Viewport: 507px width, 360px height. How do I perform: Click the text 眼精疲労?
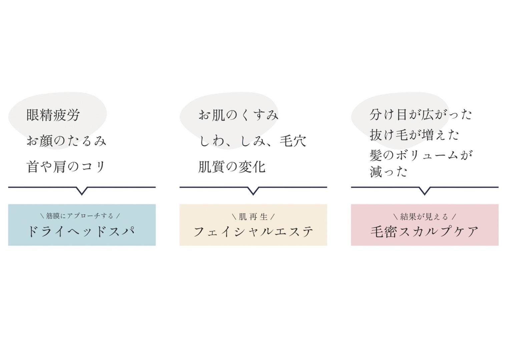[x=53, y=115]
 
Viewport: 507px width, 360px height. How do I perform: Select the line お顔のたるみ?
[x=66, y=141]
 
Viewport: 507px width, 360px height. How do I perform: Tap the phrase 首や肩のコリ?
[x=66, y=167]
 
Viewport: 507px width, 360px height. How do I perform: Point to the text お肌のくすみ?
[x=238, y=115]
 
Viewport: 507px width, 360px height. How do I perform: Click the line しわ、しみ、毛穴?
[x=252, y=141]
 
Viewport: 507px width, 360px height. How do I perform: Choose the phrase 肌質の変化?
[x=232, y=167]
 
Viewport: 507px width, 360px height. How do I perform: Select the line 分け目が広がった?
[x=421, y=114]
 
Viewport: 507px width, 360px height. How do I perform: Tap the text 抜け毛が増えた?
[x=414, y=135]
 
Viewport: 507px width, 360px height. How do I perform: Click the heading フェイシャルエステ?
[x=253, y=232]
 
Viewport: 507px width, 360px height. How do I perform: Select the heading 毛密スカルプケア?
[x=425, y=232]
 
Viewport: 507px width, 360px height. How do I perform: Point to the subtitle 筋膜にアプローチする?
[x=80, y=216]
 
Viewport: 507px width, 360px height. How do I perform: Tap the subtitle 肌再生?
[x=253, y=217]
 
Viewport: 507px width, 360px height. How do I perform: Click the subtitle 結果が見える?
[x=424, y=217]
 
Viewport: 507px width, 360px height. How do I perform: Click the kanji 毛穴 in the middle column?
[x=293, y=141]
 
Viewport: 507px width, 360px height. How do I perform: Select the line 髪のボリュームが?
[x=422, y=155]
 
